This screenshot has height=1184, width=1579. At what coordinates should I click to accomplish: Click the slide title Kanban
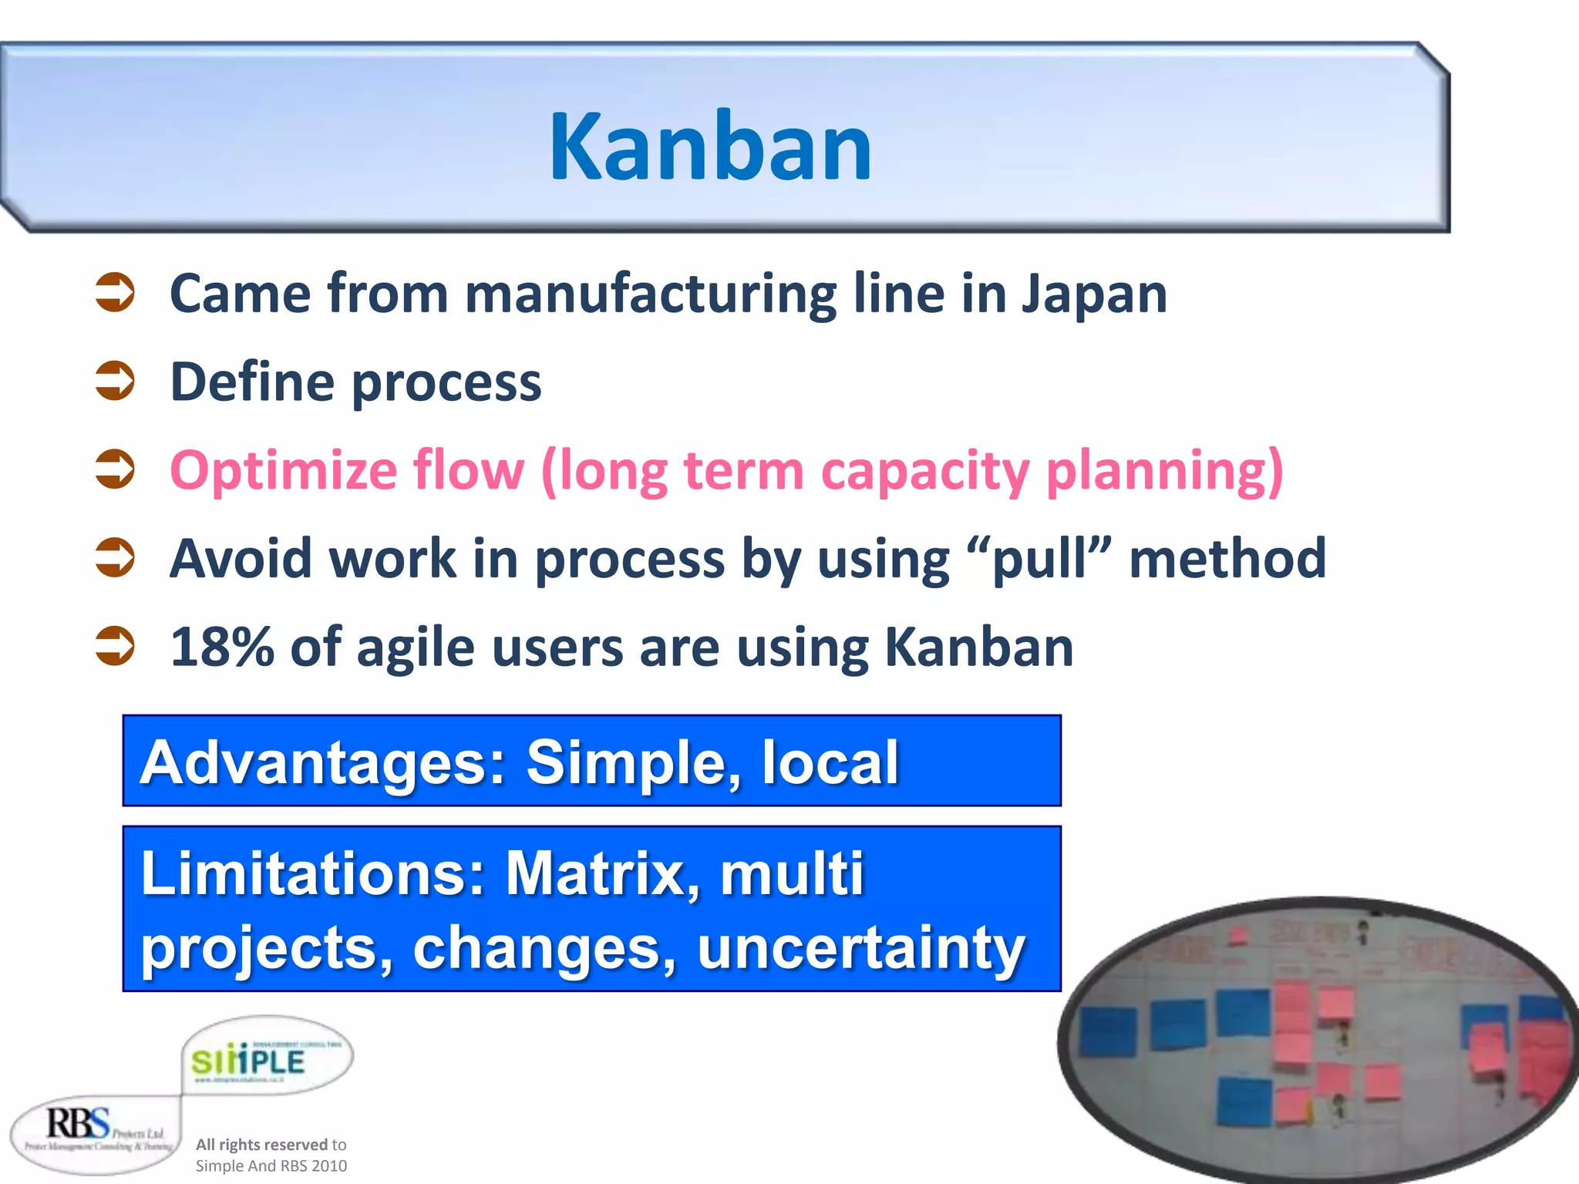pos(709,146)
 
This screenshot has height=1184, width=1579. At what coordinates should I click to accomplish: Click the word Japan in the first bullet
pos(1094,294)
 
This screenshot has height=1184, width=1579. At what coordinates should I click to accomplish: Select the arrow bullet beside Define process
pos(115,382)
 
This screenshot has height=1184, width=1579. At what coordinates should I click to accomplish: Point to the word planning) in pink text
pos(1164,471)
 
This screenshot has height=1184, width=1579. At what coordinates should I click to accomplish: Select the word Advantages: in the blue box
pos(323,762)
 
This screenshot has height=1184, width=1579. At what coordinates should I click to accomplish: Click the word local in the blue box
pos(830,762)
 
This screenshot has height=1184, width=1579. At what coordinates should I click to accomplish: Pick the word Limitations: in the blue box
pos(313,874)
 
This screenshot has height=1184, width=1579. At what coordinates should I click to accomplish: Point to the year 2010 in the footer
pos(329,1166)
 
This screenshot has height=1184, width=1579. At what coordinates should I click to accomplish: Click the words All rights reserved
pos(261,1145)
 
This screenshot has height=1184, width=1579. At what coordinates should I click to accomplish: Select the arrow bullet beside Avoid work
pos(115,559)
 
